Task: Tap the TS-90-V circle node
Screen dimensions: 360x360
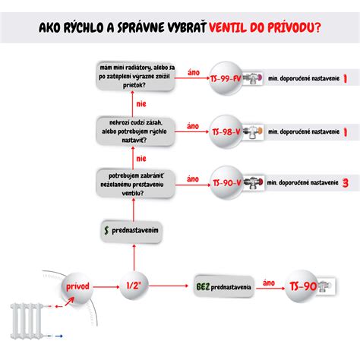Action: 229,182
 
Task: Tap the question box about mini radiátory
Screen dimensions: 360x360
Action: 137,77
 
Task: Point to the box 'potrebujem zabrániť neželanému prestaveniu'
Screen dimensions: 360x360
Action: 137,182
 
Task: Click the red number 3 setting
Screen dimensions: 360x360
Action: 346,182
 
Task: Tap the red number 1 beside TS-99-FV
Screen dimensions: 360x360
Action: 346,79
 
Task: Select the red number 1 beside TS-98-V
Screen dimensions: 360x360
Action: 346,131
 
